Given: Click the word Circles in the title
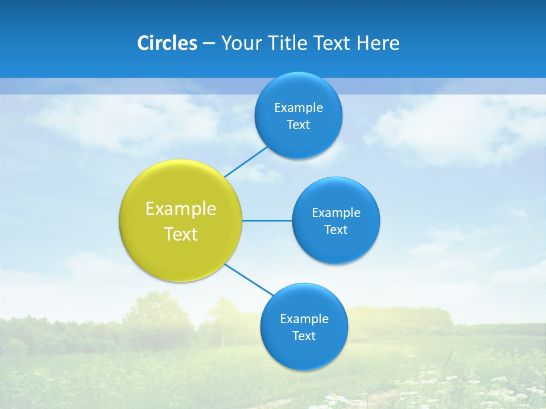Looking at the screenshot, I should [x=167, y=43].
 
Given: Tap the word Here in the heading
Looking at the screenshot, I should [x=378, y=43].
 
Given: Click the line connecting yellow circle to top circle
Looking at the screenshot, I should [x=246, y=161].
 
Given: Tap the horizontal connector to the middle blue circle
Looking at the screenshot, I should [x=267, y=220].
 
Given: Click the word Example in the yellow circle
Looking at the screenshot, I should [x=181, y=209].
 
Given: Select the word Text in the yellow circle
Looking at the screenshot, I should [x=181, y=234].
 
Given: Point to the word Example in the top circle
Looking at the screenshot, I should [x=299, y=108].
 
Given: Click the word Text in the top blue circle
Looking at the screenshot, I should [x=299, y=125].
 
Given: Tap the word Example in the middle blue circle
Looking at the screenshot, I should [x=336, y=213].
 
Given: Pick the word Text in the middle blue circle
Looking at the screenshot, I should [x=336, y=230].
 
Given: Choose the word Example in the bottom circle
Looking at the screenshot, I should [x=304, y=319].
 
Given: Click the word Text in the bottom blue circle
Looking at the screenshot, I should [x=304, y=336].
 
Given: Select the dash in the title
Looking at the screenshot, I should [x=209, y=44].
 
